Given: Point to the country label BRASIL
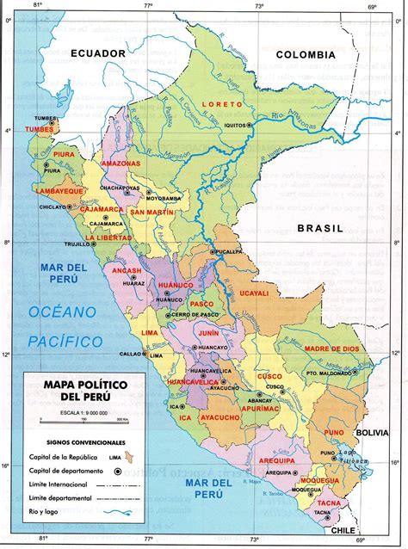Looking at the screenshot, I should pos(319,228).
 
